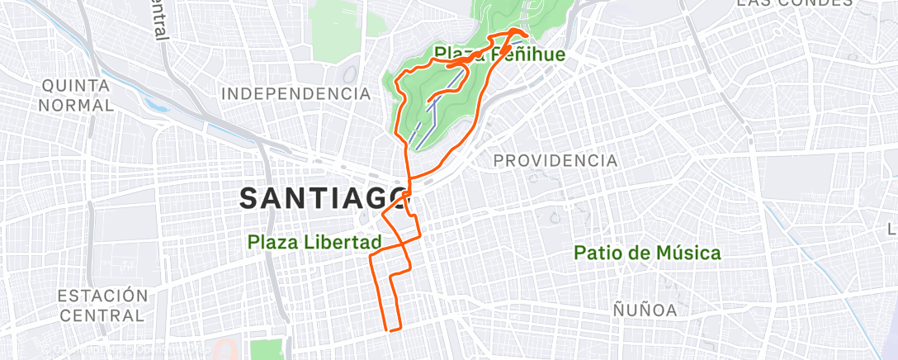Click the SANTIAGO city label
click(x=325, y=198)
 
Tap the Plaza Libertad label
click(x=314, y=243)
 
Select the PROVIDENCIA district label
click(x=555, y=160)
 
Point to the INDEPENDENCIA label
click(x=296, y=93)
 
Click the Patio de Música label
click(x=647, y=253)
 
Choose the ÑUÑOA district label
click(x=645, y=310)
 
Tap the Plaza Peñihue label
click(x=500, y=55)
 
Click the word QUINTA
click(x=76, y=86)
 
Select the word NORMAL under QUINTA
click(x=76, y=106)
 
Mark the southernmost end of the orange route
click(x=389, y=329)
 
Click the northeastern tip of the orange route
click(x=525, y=33)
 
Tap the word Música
click(x=683, y=253)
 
